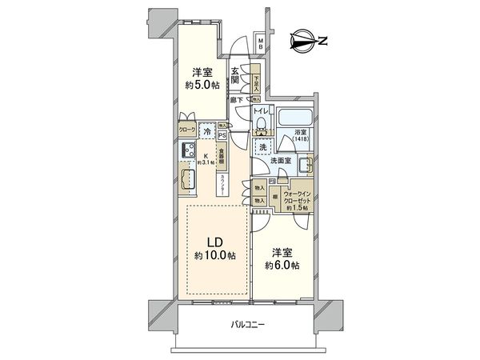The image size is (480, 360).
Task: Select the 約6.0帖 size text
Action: tap(284, 266)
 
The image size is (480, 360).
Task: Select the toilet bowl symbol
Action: tap(262, 126)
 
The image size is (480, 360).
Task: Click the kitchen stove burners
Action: tap(190, 149)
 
